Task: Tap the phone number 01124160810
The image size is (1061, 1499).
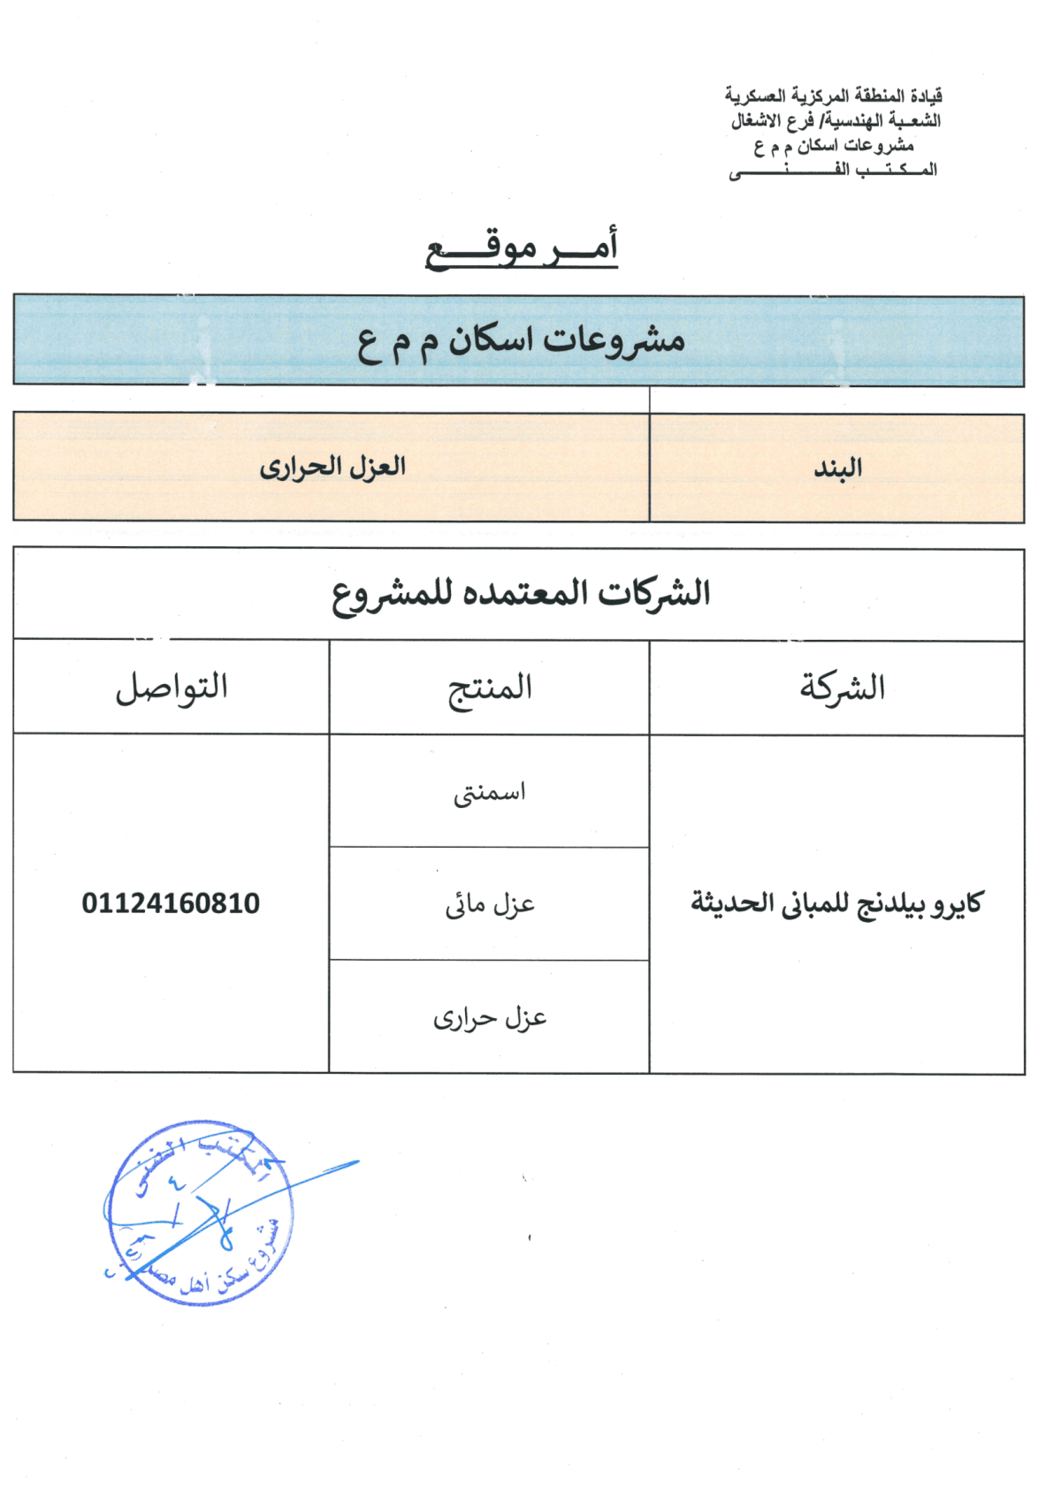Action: click(x=171, y=903)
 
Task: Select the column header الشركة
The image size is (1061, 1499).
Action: click(x=842, y=688)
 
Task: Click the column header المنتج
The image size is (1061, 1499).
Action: click(x=490, y=689)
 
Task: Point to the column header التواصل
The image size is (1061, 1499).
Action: click(x=172, y=687)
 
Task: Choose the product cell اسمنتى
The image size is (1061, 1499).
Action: click(x=490, y=793)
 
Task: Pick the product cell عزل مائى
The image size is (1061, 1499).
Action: click(x=490, y=904)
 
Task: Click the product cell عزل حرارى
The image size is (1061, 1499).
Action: click(x=490, y=1018)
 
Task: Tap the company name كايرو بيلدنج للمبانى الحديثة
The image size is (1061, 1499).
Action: click(x=836, y=903)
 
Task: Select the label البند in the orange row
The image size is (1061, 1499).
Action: click(x=837, y=468)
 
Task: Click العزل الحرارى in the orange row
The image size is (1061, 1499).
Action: click(x=332, y=467)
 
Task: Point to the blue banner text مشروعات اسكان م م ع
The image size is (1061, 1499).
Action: click(x=521, y=341)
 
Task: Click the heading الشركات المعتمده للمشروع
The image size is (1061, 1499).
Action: click(x=521, y=594)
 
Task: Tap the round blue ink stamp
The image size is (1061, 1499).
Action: click(x=200, y=1213)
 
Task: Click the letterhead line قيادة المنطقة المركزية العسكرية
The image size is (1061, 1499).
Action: click(x=833, y=95)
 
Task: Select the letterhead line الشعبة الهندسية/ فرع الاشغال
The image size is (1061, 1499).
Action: click(x=836, y=120)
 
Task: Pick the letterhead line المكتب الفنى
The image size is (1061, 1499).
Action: click(x=833, y=170)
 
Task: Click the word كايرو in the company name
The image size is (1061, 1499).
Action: click(x=957, y=903)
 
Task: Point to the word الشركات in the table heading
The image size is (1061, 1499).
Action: click(x=655, y=592)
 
